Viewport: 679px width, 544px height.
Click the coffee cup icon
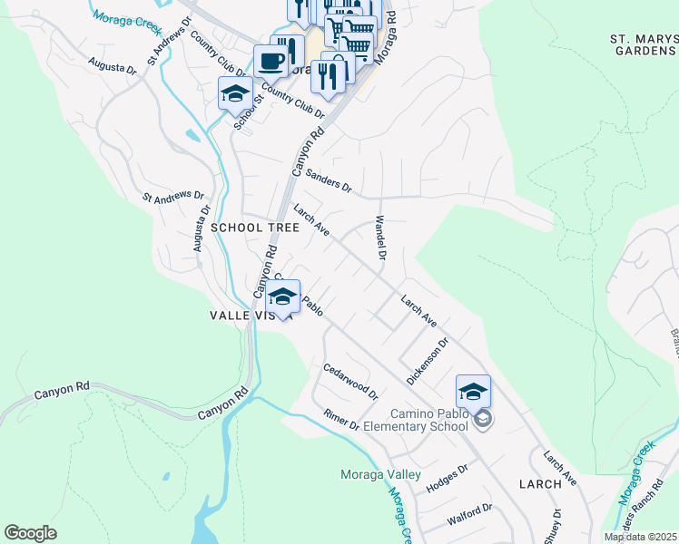click(x=271, y=61)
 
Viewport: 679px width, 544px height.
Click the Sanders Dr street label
click(x=329, y=180)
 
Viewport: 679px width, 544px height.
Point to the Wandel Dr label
click(x=380, y=238)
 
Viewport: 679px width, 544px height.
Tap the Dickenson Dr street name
click(x=428, y=362)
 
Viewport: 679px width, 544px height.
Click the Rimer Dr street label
click(x=342, y=420)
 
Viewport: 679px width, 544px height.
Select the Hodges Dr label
click(x=446, y=477)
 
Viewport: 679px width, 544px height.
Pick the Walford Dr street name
click(x=469, y=516)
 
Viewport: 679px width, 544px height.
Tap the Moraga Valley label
click(x=380, y=474)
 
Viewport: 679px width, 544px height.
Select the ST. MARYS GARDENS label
click(x=644, y=45)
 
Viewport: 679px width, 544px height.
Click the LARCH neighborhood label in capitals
click(x=540, y=483)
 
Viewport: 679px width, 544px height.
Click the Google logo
click(x=30, y=533)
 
